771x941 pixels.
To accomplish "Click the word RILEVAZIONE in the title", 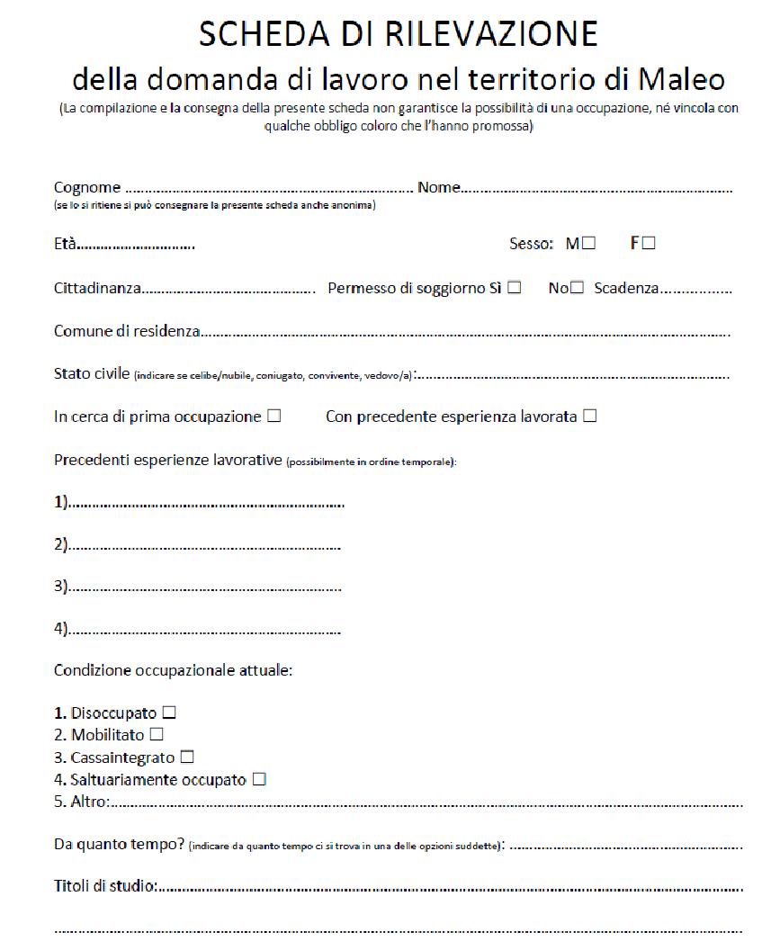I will tap(493, 34).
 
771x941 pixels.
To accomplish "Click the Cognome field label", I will tap(87, 188).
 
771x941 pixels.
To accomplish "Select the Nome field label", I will tap(439, 188).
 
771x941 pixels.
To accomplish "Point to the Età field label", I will tap(66, 244).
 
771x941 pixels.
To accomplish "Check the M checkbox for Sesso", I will tap(588, 243).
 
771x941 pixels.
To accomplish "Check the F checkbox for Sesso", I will tap(649, 243).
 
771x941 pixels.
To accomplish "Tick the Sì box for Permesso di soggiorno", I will tap(515, 288).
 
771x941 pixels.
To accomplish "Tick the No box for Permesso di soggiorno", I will tap(578, 288).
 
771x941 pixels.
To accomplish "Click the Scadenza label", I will tap(626, 289).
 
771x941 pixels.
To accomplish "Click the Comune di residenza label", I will tap(126, 331).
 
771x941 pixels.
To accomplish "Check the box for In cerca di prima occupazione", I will tap(274, 417).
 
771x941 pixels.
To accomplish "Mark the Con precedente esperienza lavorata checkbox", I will tap(590, 417).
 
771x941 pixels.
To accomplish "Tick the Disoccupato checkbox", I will tap(168, 712).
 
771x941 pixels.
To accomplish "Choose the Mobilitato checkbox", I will tap(157, 735).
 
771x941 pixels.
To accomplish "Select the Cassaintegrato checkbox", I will tap(187, 757).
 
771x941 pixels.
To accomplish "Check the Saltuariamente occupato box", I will tap(259, 780).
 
